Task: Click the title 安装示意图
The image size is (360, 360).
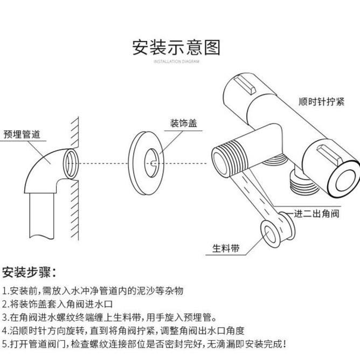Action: click(176, 47)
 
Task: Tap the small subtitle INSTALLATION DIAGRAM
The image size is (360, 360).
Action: click(176, 62)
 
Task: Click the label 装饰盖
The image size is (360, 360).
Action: click(183, 123)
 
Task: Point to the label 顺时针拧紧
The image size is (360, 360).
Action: click(321, 102)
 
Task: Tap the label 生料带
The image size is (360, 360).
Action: click(226, 248)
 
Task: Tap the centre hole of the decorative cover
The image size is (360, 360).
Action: click(153, 162)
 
